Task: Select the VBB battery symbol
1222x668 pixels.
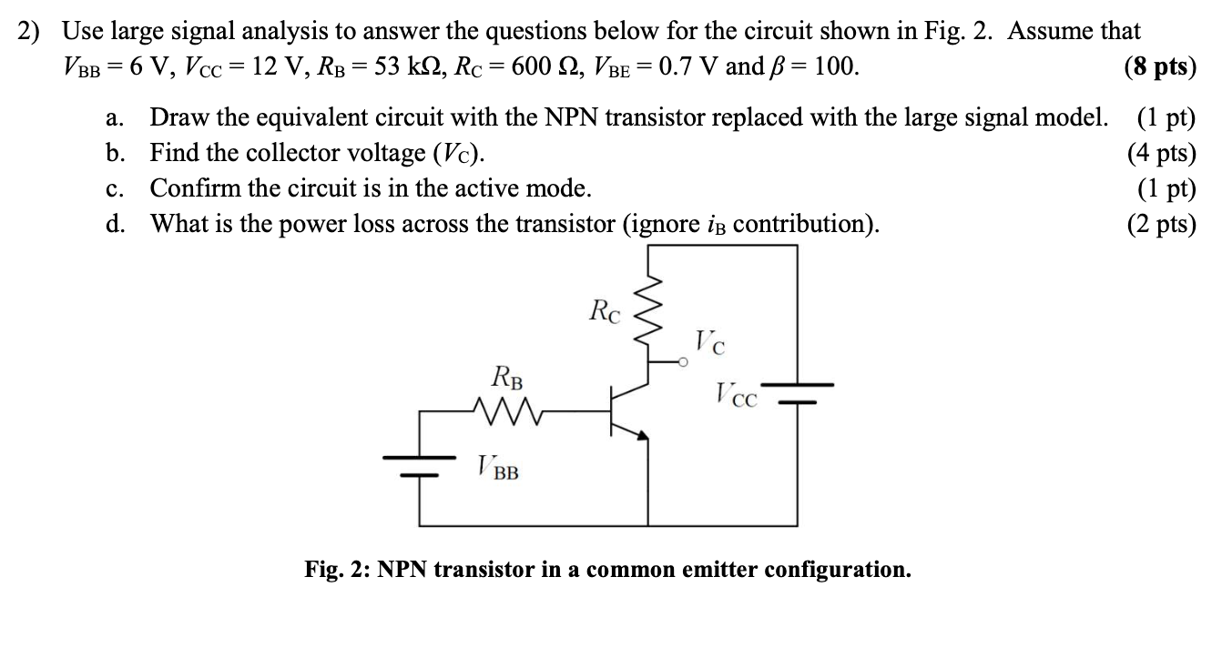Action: (x=420, y=464)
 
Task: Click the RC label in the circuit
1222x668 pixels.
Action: (x=606, y=311)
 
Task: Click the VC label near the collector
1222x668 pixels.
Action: (x=710, y=343)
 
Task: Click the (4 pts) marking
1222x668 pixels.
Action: (x=1161, y=152)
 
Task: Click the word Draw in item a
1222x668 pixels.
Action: (x=178, y=117)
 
